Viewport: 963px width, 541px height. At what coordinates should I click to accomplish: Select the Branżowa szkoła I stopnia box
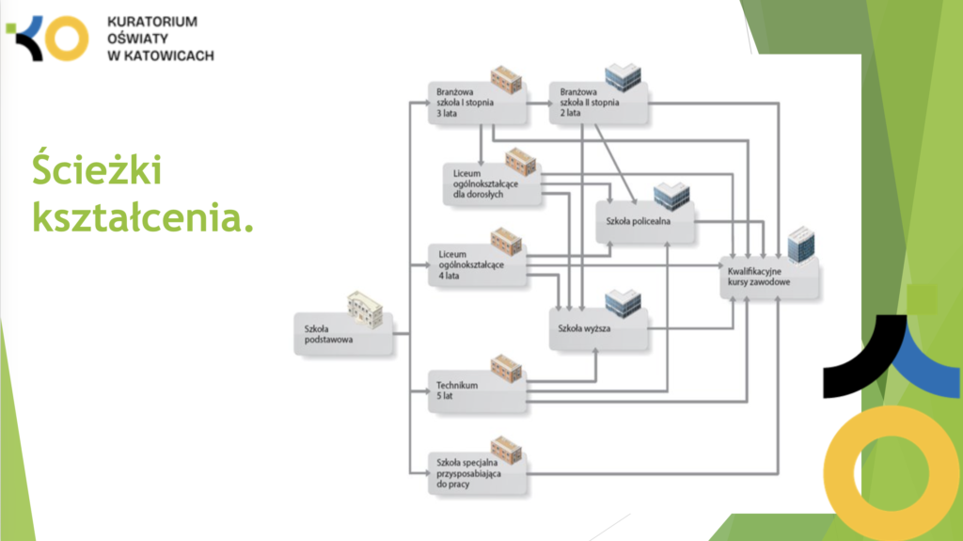[476, 103]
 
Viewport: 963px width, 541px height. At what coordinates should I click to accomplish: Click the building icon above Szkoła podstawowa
[365, 309]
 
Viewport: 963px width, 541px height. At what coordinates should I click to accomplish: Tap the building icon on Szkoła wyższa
[622, 302]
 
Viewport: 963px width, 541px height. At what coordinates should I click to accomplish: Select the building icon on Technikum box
[506, 367]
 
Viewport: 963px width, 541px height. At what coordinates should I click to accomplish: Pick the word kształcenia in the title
[141, 217]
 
